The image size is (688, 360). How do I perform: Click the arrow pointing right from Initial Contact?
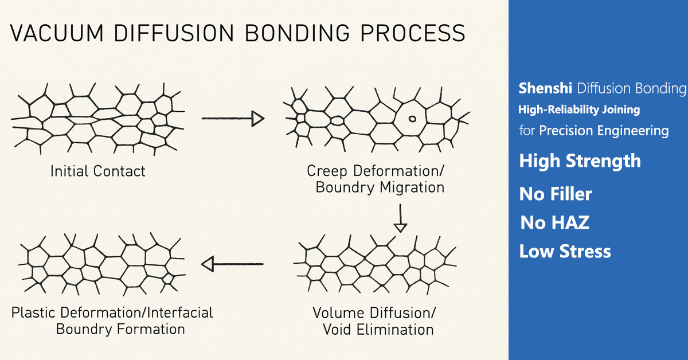tap(232, 119)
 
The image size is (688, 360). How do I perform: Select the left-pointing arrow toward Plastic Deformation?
tap(232, 264)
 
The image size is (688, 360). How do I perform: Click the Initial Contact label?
tap(97, 171)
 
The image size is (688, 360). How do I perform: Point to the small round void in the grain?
tap(411, 119)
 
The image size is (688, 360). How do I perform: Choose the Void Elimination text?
tap(378, 330)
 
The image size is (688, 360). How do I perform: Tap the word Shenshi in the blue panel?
tap(545, 88)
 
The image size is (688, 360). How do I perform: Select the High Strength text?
tap(580, 161)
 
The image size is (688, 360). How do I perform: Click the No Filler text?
tap(555, 194)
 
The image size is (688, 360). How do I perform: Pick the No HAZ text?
tap(554, 222)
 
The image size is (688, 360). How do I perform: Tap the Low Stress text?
tap(565, 251)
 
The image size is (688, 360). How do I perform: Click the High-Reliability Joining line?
tap(579, 109)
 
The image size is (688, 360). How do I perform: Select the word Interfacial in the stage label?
tap(180, 313)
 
